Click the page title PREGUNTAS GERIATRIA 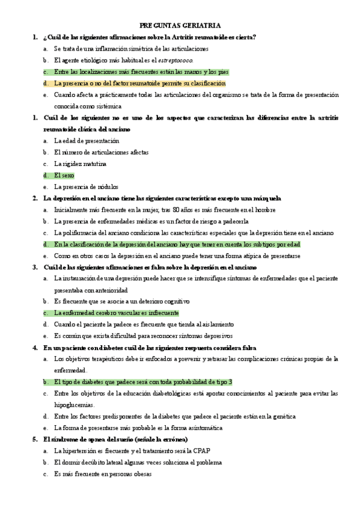point(180,26)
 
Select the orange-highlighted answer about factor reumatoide point(139,83)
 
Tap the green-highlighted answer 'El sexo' point(64,175)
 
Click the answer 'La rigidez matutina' point(81,164)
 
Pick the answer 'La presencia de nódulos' point(87,186)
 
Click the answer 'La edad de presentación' point(87,141)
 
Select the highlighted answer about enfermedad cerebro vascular point(116,313)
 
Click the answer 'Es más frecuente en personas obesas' point(103,474)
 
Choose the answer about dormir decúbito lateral point(138,462)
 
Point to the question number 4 point(35,348)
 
